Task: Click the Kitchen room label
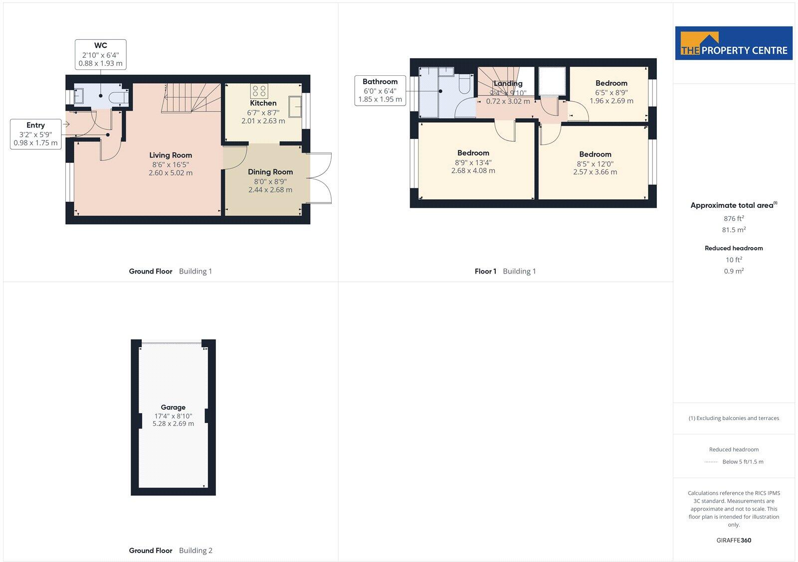263,103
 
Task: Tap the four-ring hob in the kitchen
259,91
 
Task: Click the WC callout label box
101,54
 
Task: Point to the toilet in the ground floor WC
120,97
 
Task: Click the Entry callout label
35,134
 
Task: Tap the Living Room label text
171,155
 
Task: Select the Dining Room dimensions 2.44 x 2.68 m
270,190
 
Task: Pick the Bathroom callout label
380,90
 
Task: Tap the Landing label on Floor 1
508,84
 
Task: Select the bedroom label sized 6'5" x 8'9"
611,92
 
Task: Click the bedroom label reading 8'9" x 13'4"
473,162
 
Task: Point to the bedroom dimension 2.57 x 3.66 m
595,172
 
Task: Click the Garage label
173,408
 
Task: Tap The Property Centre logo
734,43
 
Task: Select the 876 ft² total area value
734,218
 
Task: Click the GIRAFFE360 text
734,540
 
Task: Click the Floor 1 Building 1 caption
505,272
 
